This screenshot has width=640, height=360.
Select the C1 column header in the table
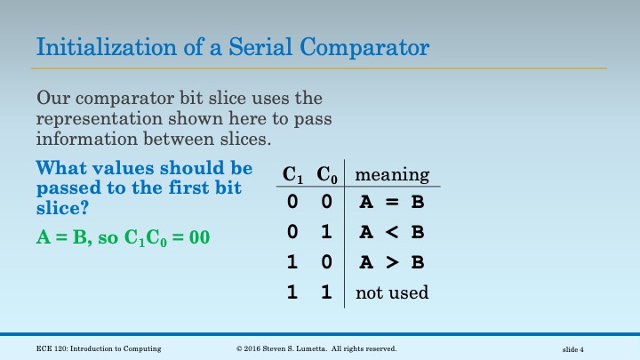(292, 175)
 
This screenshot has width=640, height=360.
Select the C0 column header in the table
(326, 175)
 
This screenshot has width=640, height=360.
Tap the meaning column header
(392, 174)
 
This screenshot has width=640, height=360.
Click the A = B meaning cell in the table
(391, 203)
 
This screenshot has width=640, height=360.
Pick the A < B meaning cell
(391, 233)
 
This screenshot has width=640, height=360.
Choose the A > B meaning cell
(391, 263)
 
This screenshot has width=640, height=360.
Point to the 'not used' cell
(392, 292)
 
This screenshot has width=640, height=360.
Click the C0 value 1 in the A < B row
(326, 233)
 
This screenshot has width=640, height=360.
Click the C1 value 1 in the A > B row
(292, 263)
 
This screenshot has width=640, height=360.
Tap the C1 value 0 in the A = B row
(292, 203)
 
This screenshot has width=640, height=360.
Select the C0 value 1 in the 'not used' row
(326, 292)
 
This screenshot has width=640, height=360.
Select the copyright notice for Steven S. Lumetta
(316, 348)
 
